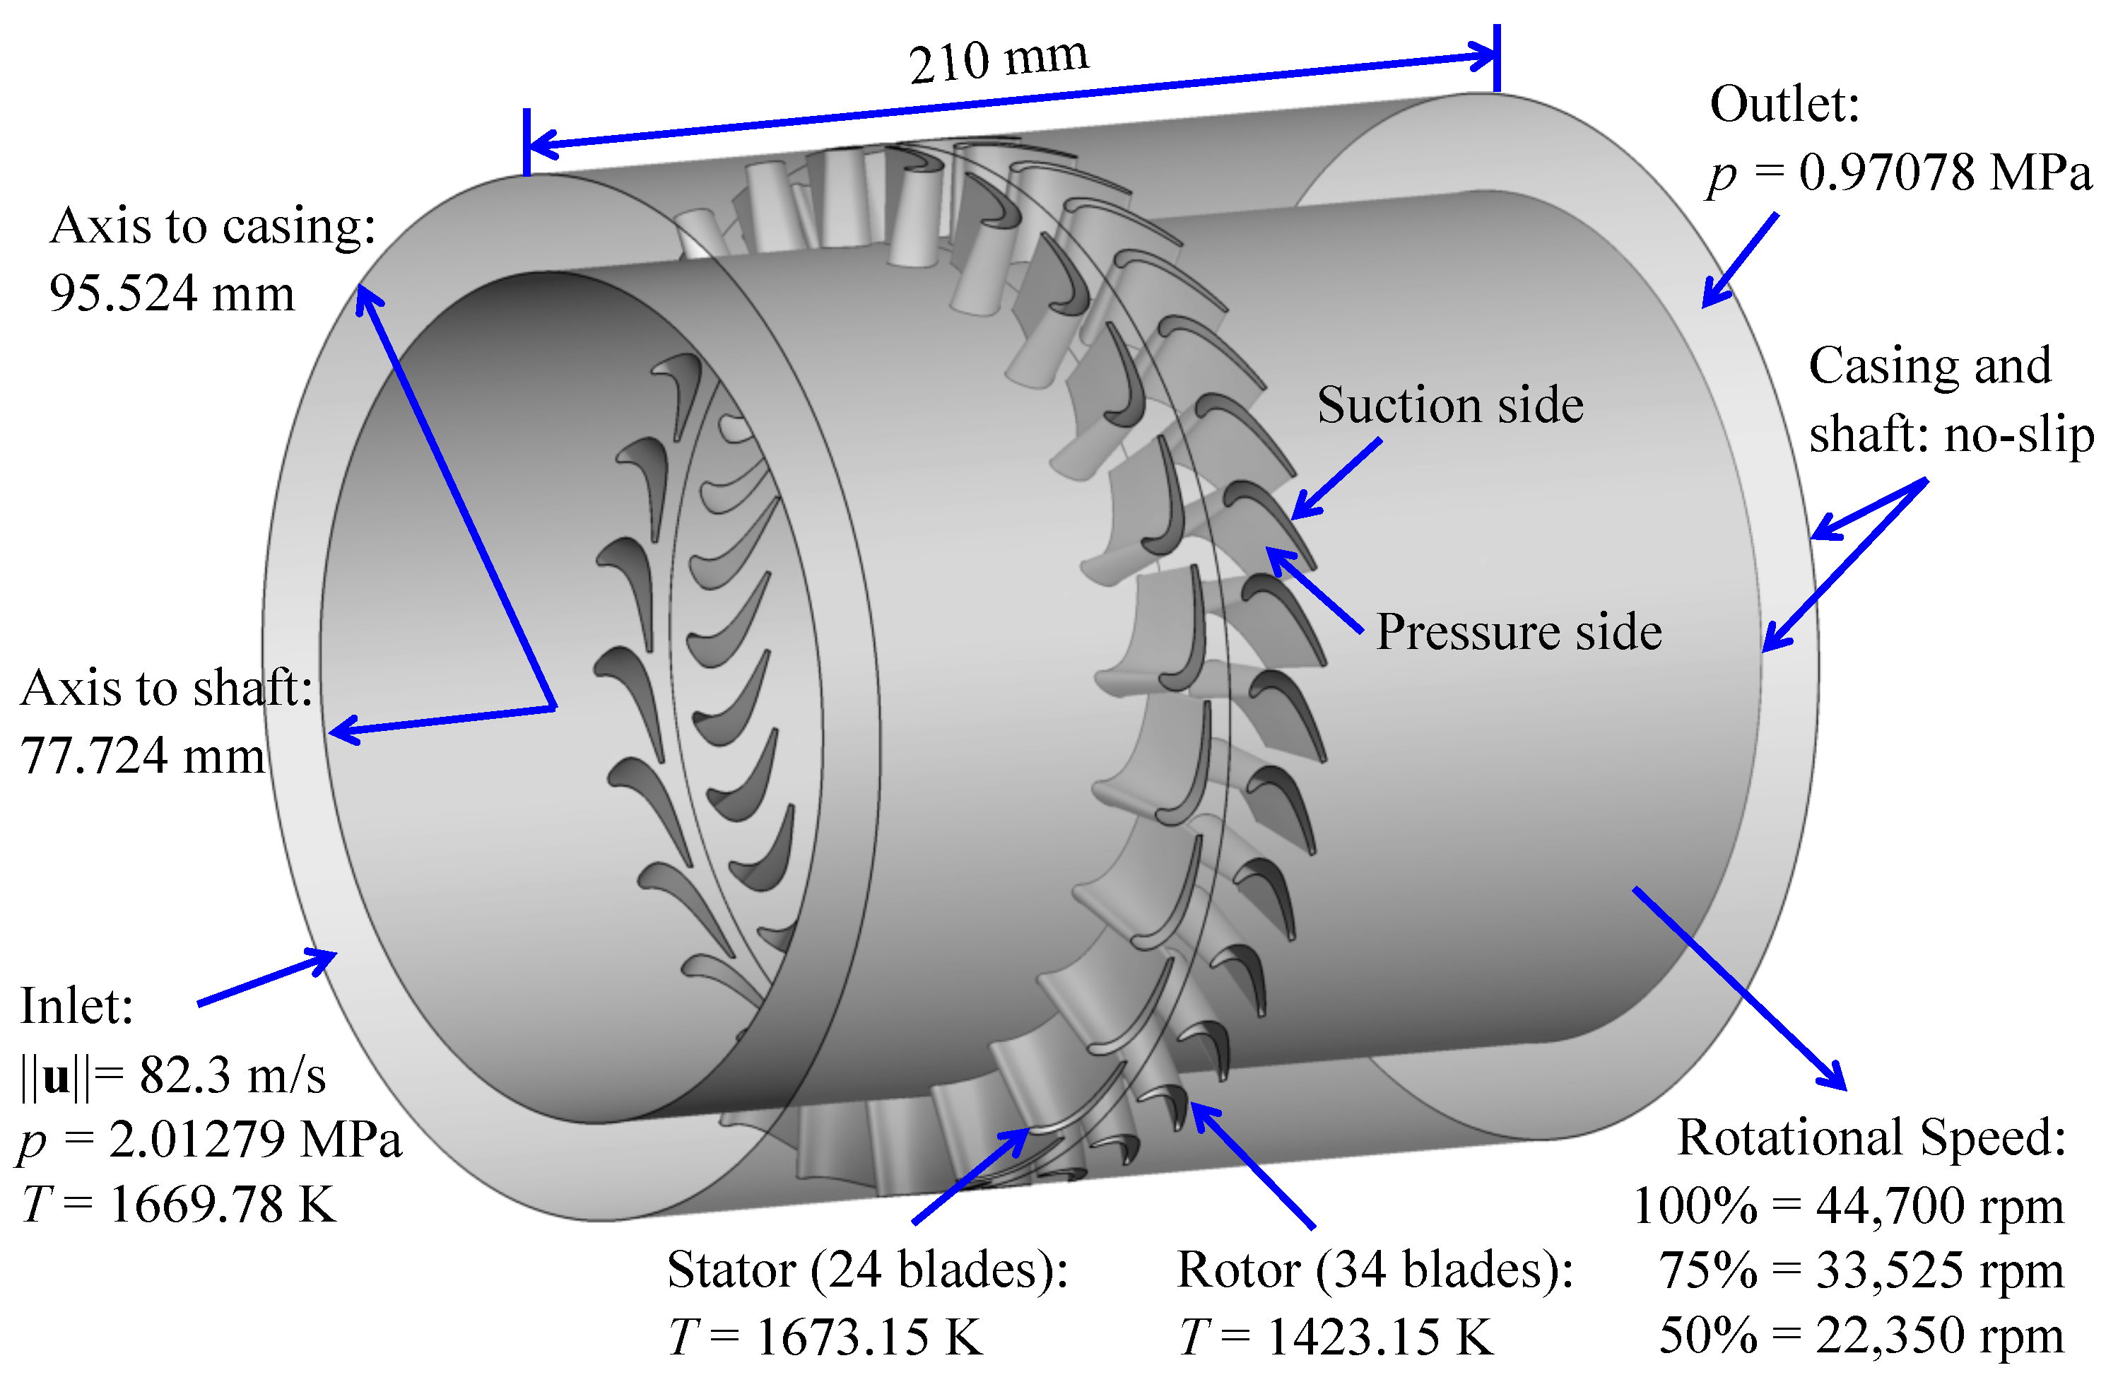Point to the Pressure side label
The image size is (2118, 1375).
[x=1518, y=633]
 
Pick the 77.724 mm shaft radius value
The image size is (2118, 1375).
[x=142, y=756]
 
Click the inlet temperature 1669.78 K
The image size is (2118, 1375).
[x=223, y=1205]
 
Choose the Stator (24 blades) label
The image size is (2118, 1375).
[x=867, y=1270]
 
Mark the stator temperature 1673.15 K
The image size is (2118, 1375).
[x=869, y=1337]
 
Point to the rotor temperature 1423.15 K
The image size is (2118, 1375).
[x=1379, y=1337]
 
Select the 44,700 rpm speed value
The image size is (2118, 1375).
[x=1939, y=1207]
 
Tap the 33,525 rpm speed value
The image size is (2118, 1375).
[x=1939, y=1271]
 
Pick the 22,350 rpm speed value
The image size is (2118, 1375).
[x=1939, y=1335]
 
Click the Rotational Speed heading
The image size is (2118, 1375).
[x=1871, y=1137]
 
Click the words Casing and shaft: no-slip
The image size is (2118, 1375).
[x=1949, y=401]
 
